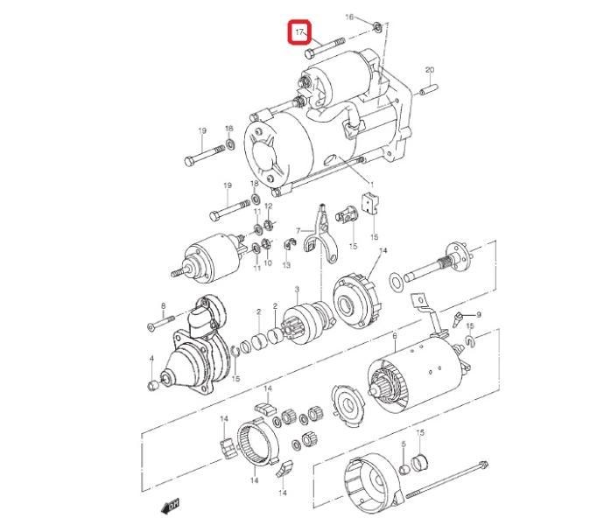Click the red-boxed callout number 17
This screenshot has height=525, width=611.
(x=298, y=32)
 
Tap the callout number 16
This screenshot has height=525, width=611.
(x=349, y=17)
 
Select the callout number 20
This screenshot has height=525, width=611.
(x=430, y=70)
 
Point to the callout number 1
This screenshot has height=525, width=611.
(x=371, y=185)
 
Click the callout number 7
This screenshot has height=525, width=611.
(x=298, y=231)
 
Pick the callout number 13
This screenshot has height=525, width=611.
(x=286, y=265)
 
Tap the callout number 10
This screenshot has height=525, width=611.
(x=268, y=262)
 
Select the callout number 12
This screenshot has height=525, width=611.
(x=269, y=206)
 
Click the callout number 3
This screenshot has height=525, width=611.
(x=297, y=289)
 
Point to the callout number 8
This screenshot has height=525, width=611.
(x=164, y=306)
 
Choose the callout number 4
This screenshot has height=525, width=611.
(x=151, y=358)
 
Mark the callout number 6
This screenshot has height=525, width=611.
(x=394, y=336)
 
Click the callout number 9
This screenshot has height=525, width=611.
(x=479, y=314)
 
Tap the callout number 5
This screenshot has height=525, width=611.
(x=404, y=444)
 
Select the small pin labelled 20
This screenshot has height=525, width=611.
(x=429, y=89)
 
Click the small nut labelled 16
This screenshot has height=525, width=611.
(x=376, y=27)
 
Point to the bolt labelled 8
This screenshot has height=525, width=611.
(x=160, y=323)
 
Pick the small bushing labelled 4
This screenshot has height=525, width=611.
(x=152, y=386)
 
